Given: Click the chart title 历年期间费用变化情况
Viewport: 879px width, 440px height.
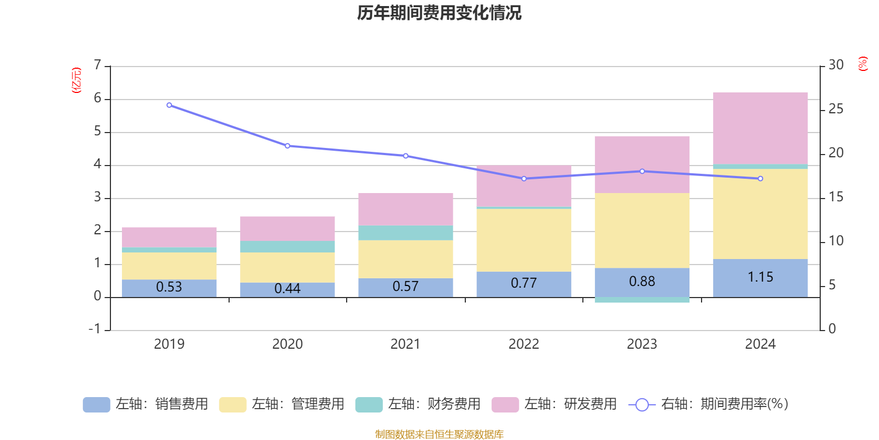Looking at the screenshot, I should point(439,13).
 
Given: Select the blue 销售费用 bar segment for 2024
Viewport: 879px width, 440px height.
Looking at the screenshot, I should point(760,278).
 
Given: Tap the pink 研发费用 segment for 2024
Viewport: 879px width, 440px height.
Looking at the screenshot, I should point(760,128).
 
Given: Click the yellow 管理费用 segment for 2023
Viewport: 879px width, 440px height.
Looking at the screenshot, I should point(642,230).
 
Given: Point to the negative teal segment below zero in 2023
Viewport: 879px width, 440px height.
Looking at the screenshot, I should point(642,300).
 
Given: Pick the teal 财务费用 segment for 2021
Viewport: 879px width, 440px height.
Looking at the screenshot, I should point(405,233).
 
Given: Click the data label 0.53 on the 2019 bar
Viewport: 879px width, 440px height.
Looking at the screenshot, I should point(169,287).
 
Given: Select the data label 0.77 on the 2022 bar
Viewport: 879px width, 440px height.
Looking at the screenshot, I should point(524,283).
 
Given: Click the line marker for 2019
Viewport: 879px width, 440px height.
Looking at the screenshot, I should point(169,105).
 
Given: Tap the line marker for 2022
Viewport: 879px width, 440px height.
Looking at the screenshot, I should point(524,179).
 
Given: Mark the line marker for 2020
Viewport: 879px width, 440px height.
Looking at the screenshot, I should point(287,146).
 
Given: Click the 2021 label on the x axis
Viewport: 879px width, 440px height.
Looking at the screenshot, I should point(405,344).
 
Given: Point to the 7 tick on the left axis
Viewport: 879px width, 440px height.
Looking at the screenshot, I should point(97,65).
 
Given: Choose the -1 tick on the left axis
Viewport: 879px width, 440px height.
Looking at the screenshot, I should point(94,329).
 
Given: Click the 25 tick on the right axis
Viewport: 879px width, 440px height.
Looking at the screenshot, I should point(836,109).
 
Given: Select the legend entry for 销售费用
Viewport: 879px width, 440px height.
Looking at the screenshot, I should point(146,404).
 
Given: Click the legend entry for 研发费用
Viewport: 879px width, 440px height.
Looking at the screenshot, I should point(554,404).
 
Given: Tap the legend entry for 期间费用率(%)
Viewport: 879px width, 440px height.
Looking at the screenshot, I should point(709,404).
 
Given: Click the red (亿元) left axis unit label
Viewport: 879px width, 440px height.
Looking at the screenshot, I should point(76,80).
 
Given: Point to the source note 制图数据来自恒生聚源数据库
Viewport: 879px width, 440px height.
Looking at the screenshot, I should point(439,435).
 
